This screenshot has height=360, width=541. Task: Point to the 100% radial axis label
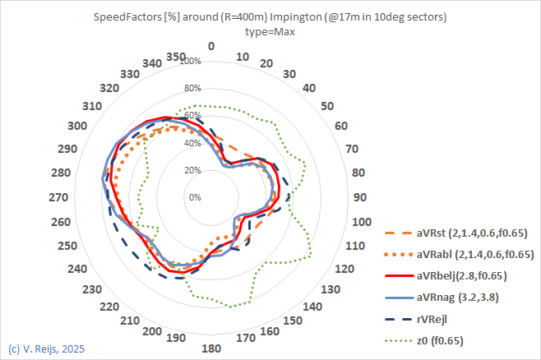tap(191, 62)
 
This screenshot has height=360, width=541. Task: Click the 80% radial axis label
tap(192, 89)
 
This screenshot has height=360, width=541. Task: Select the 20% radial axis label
tap(192, 170)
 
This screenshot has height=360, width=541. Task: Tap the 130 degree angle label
tap(330, 289)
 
